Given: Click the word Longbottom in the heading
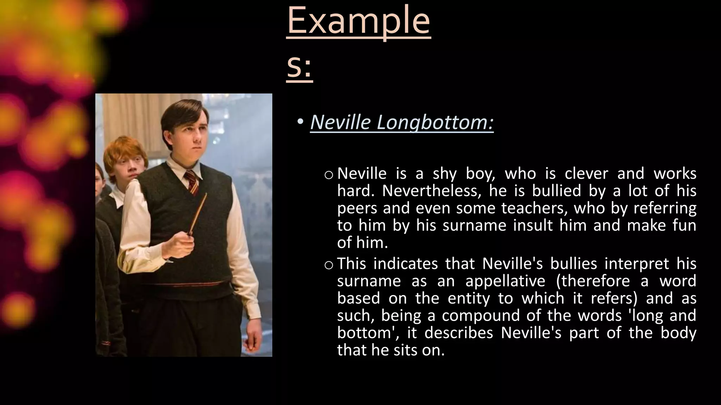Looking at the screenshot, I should (435, 122).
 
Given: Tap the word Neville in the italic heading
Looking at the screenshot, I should (340, 122).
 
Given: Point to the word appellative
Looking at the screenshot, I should (505, 281).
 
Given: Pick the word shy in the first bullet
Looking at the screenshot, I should (445, 174).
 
